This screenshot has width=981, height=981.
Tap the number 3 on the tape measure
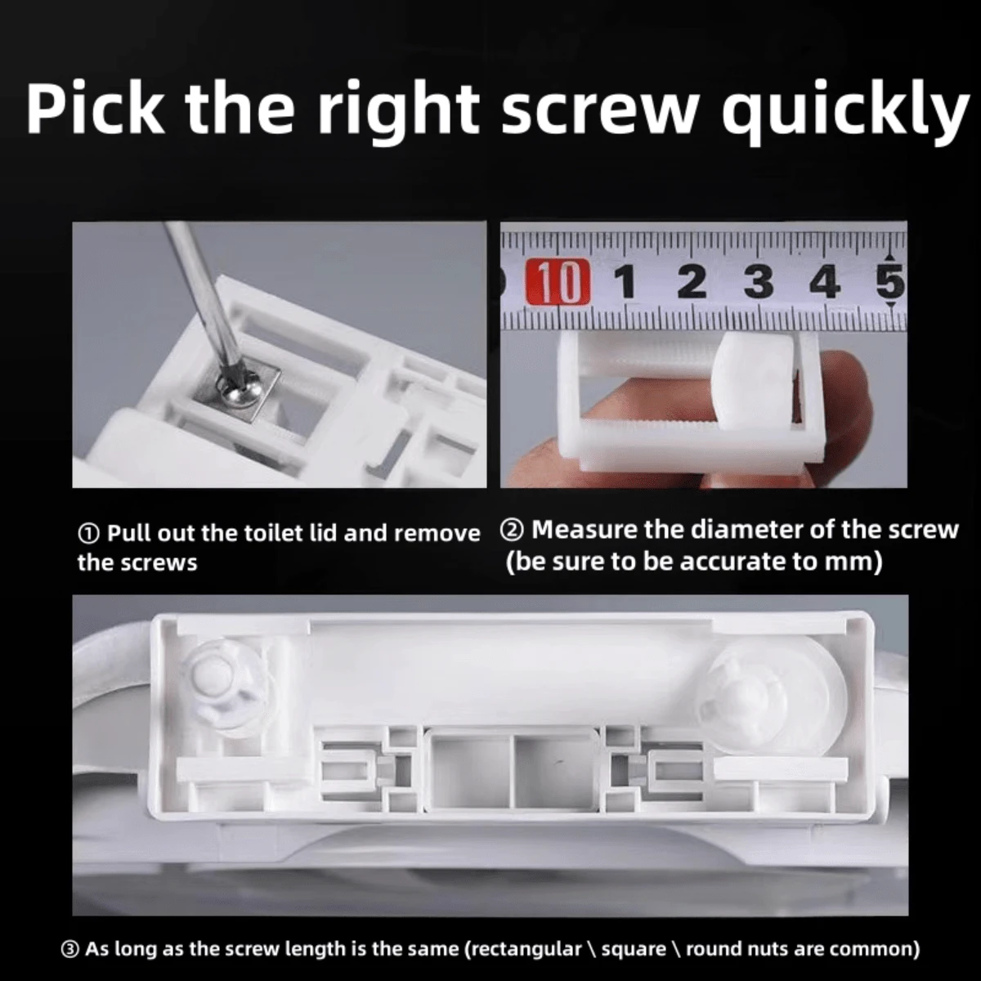pyautogui.click(x=759, y=283)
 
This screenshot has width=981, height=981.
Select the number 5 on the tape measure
pyautogui.click(x=891, y=283)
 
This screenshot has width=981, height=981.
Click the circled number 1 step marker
pyautogui.click(x=89, y=534)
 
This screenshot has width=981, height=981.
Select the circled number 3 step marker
pyautogui.click(x=71, y=949)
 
